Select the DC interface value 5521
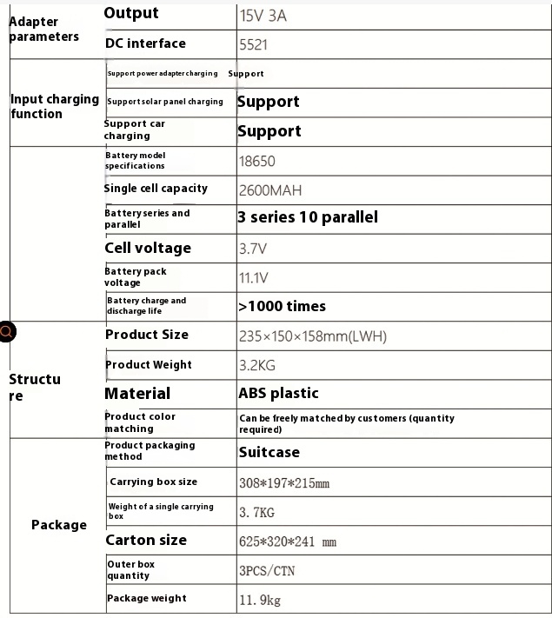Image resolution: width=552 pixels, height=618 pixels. pos(254,44)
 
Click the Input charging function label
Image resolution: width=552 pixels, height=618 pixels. pos(54,106)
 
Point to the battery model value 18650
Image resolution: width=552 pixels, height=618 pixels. pos(256,161)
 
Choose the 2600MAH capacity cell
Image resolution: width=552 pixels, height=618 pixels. pos(270,190)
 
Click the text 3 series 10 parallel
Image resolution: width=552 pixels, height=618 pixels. pos(308,217)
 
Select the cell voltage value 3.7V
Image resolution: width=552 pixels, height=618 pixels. pos(252,249)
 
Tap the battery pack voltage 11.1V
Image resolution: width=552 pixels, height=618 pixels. pos(253,278)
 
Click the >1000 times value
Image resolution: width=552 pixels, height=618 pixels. pos(282,306)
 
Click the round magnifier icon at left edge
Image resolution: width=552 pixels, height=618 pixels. pos(6,331)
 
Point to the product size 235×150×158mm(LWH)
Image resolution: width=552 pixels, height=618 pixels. pos(312,336)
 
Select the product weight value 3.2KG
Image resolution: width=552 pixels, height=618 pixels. pos(258,366)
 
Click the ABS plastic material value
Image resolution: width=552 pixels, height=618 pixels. pos(278,394)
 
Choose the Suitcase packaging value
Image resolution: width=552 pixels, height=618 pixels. pos(269,452)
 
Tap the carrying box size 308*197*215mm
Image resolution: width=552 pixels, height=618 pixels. pos(284,482)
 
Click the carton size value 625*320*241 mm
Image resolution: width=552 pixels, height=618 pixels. pos(287,542)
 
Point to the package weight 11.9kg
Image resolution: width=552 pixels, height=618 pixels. pos(260,600)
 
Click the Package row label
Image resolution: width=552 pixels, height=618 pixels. pos(59,525)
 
